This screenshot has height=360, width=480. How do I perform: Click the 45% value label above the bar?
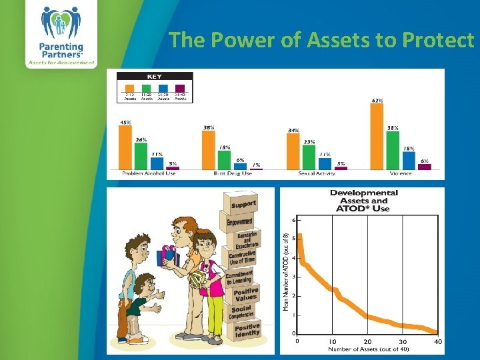125,122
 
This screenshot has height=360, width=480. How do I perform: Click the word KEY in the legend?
155,77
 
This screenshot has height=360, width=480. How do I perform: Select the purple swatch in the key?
180,87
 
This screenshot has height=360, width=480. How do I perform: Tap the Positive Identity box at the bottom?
246,331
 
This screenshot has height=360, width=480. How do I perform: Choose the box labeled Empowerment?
239,221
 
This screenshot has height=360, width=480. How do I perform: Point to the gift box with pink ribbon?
167,255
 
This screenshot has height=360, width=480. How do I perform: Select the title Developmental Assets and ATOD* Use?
363,200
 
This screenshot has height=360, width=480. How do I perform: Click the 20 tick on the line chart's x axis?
367,342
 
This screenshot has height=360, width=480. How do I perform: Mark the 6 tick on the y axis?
294,219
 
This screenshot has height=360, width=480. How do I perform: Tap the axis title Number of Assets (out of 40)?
367,349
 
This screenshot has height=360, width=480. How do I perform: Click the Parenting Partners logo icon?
61,23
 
